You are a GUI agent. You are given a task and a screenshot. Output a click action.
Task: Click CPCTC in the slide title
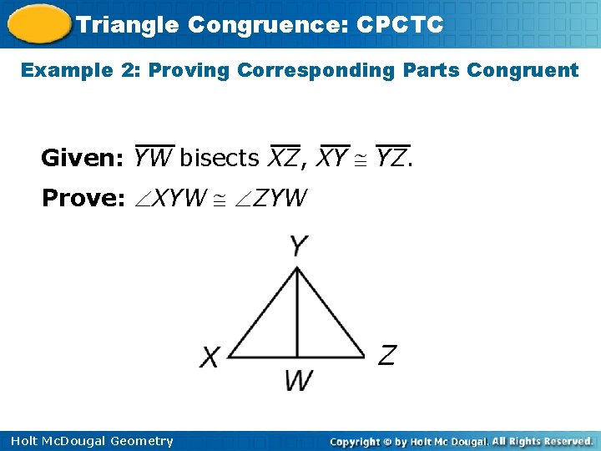pyautogui.click(x=399, y=24)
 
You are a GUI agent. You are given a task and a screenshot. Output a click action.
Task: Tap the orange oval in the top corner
pyautogui.click(x=37, y=23)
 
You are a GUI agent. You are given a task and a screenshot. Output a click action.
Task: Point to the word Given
pyautogui.click(x=83, y=157)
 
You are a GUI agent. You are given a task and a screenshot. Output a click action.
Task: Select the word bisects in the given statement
pyautogui.click(x=220, y=157)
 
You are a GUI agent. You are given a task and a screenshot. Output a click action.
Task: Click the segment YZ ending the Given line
pyautogui.click(x=391, y=157)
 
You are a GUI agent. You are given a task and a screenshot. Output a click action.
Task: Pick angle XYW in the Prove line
pyautogui.click(x=170, y=198)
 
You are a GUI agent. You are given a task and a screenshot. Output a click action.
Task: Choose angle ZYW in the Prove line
pyautogui.click(x=272, y=198)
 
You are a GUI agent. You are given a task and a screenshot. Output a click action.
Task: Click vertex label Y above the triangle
pyautogui.click(x=297, y=246)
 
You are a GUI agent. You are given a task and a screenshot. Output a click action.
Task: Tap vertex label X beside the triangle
pyautogui.click(x=210, y=357)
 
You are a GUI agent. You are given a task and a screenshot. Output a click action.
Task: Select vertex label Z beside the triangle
pyautogui.click(x=386, y=355)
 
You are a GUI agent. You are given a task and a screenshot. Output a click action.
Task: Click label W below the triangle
pyautogui.click(x=298, y=381)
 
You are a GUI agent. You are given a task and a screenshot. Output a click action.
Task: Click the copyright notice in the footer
pyautogui.click(x=461, y=441)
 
